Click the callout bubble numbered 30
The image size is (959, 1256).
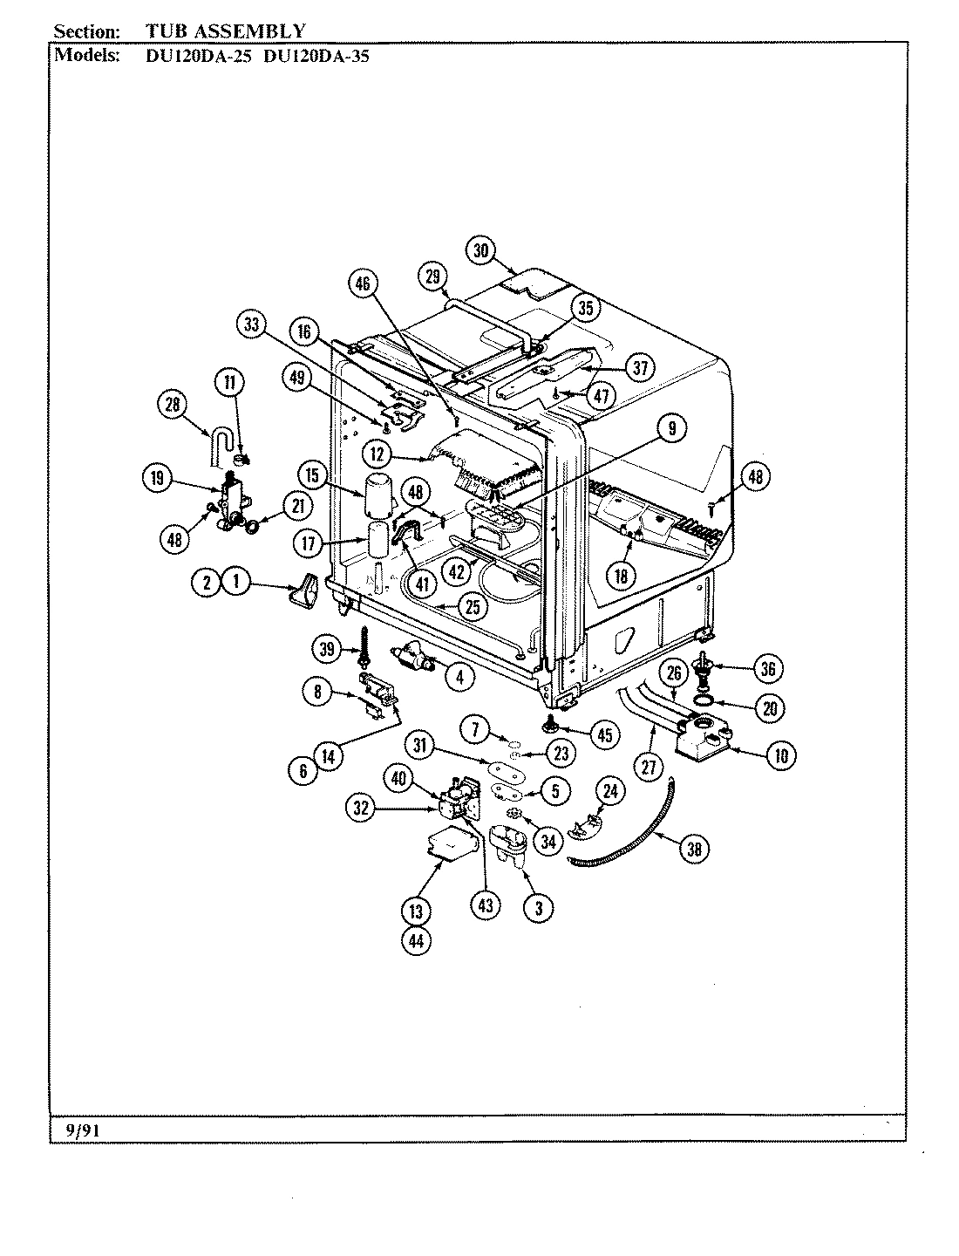[x=479, y=251]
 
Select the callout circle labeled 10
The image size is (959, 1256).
[x=780, y=755]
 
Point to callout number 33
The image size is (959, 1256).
[x=251, y=324]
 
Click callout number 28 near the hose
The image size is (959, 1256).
[x=173, y=403]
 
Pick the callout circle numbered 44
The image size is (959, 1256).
[x=416, y=941]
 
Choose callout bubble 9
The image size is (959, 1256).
[x=672, y=427]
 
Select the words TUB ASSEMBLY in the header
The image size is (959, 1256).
[x=225, y=31]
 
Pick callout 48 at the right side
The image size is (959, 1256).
[x=756, y=476]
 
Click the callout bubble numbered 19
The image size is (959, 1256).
[x=157, y=477]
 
